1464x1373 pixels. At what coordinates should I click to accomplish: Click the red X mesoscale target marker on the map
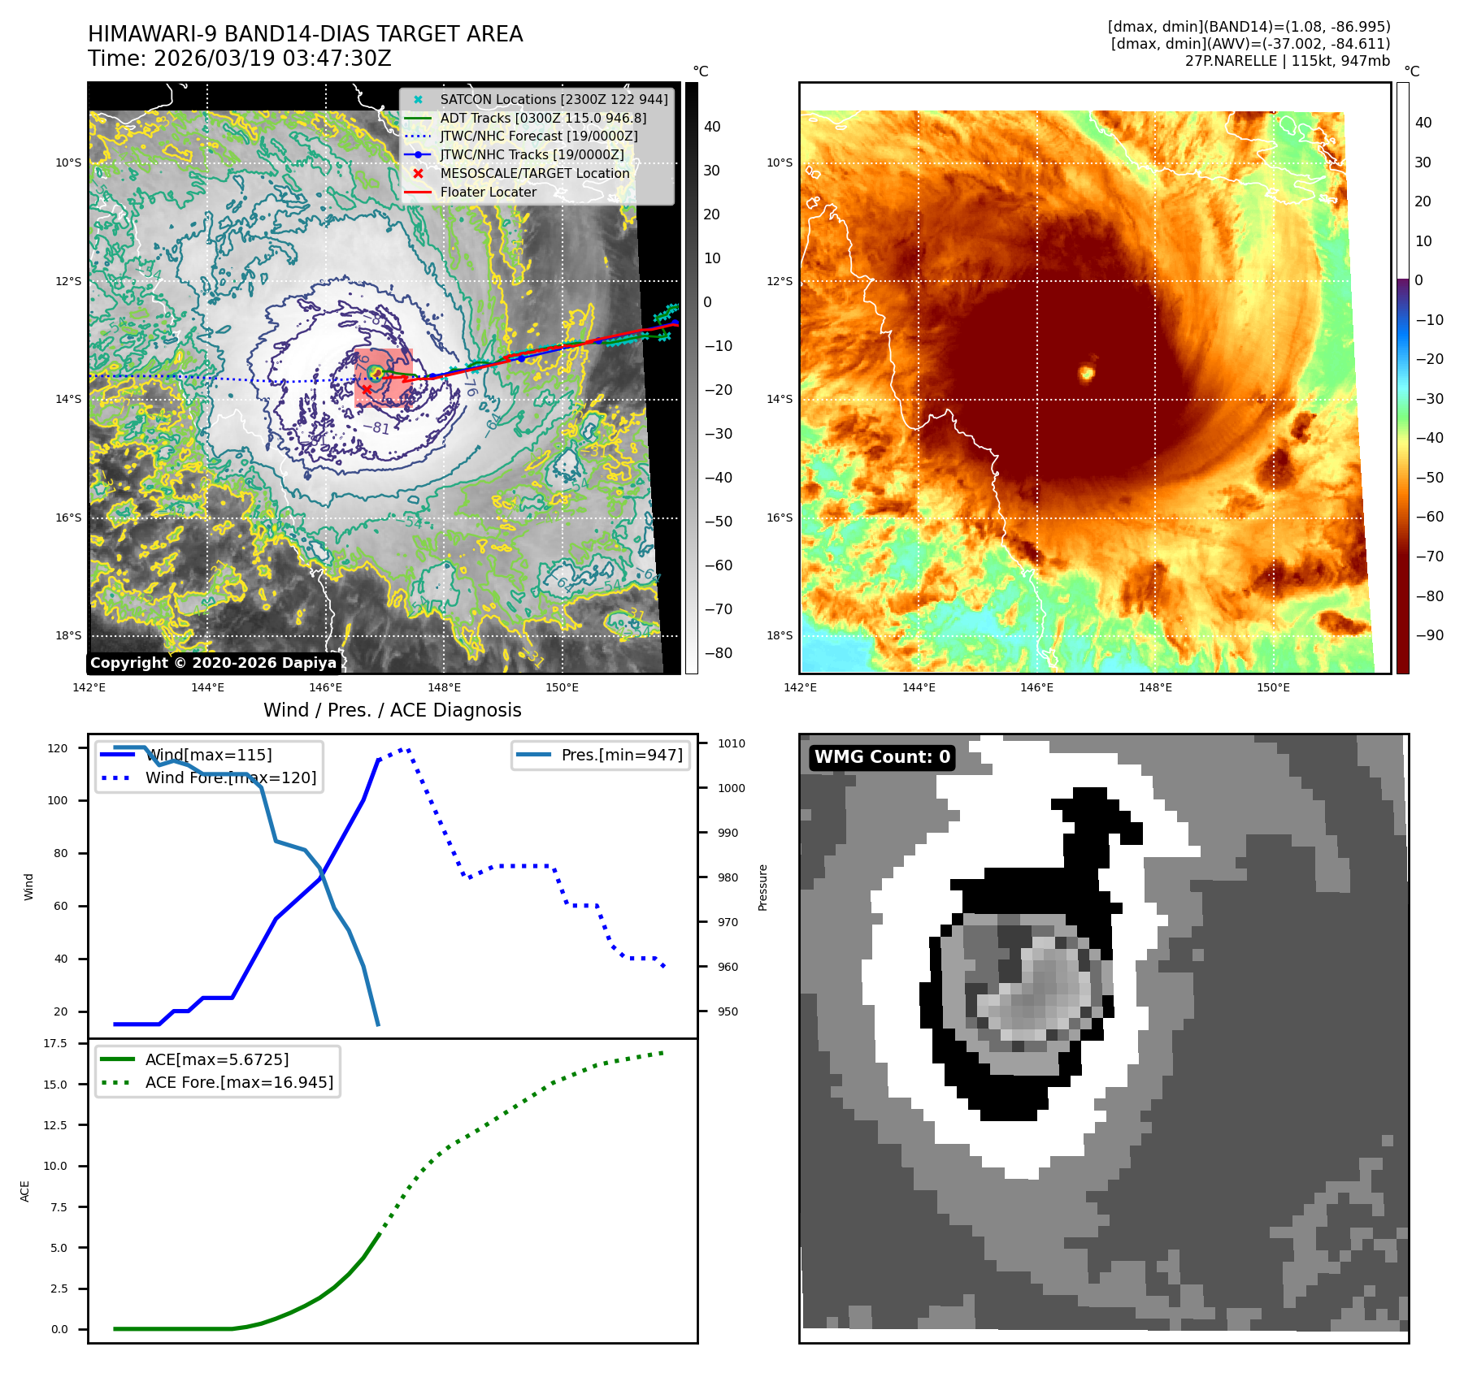[x=367, y=390]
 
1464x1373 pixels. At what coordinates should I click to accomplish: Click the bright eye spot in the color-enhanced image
[x=1087, y=373]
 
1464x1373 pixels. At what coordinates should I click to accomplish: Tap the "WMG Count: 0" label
[x=882, y=757]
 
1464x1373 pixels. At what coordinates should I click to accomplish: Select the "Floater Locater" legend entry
[x=488, y=193]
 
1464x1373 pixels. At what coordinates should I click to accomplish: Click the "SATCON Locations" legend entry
[x=554, y=100]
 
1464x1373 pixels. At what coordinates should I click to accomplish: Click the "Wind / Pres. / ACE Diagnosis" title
[x=392, y=711]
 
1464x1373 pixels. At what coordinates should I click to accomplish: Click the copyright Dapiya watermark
[x=213, y=663]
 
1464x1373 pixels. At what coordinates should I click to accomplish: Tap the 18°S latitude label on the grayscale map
[x=68, y=636]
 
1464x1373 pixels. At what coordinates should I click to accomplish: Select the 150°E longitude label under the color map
[x=1273, y=688]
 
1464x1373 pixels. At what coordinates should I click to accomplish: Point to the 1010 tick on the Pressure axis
[x=732, y=744]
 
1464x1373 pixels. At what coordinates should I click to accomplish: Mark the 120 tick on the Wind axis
[x=58, y=749]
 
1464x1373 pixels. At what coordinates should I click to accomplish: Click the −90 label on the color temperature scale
[x=1429, y=635]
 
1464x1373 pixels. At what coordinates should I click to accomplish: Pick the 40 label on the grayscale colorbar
[x=712, y=127]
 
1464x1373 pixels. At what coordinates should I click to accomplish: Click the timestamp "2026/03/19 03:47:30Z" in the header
[x=272, y=59]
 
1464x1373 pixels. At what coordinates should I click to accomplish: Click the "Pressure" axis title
[x=763, y=887]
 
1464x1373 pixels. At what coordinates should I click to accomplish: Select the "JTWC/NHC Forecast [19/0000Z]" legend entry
[x=538, y=136]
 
